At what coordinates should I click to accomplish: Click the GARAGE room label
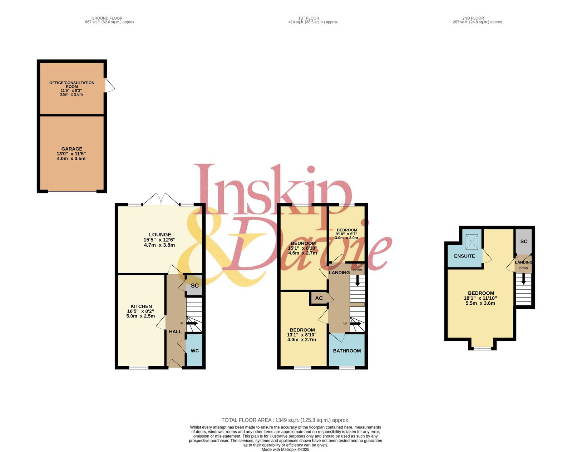[x=71, y=149]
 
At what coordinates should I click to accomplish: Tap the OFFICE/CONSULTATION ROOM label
[x=72, y=84]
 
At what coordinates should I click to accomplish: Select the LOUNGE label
[x=160, y=235]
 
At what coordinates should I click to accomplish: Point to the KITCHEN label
[x=141, y=306]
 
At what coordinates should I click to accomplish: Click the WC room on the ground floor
[x=194, y=350]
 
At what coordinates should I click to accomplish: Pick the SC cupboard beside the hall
[x=194, y=285]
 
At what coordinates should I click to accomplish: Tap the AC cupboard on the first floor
[x=319, y=298]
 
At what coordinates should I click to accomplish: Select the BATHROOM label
[x=347, y=351]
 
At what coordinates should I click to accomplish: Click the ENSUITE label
[x=464, y=256]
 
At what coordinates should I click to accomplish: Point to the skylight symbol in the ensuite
[x=472, y=242]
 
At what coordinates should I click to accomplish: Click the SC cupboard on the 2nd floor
[x=524, y=241]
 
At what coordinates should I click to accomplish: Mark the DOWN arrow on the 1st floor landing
[x=357, y=280]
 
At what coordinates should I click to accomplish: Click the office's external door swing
[x=110, y=85]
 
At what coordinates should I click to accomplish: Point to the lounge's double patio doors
[x=161, y=199]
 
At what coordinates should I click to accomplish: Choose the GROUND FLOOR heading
[x=107, y=18]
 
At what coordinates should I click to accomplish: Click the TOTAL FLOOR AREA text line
[x=286, y=420]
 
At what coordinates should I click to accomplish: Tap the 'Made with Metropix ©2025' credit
[x=286, y=449]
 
